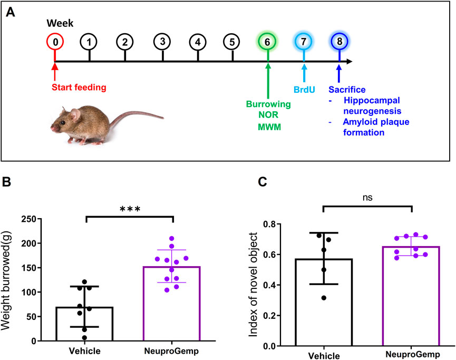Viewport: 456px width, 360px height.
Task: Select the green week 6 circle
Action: tap(268, 42)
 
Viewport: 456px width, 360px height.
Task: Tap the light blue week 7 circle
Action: tap(304, 42)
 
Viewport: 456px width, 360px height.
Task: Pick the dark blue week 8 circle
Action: tap(339, 42)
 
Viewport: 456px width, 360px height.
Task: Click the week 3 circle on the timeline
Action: tap(161, 42)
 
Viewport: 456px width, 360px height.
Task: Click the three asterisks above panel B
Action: tap(129, 208)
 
